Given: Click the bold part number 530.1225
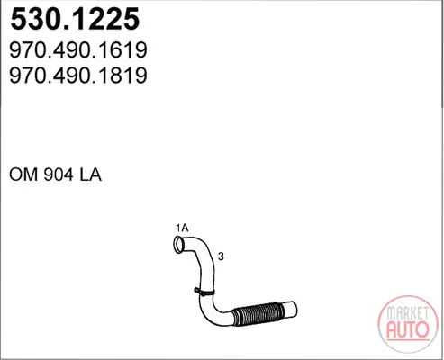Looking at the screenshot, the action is [75, 19].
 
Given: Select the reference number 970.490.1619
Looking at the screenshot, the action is [78, 50].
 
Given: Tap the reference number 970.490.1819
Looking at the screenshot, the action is [78, 76].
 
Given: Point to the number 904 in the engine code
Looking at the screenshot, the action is [59, 175].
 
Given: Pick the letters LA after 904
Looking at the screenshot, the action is [90, 175].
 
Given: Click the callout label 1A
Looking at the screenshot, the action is [182, 228].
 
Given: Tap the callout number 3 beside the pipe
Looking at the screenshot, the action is [221, 256].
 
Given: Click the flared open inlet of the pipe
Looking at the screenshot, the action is [179, 245].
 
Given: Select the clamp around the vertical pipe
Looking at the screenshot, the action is [204, 292].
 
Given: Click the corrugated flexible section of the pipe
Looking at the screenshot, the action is [258, 314].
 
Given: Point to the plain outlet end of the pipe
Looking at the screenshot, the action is [290, 309].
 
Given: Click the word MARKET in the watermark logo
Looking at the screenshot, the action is [408, 313].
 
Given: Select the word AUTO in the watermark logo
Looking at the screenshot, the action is [408, 329].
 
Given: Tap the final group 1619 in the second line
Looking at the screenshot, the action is [128, 50].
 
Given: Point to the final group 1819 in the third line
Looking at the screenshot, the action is [128, 76].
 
